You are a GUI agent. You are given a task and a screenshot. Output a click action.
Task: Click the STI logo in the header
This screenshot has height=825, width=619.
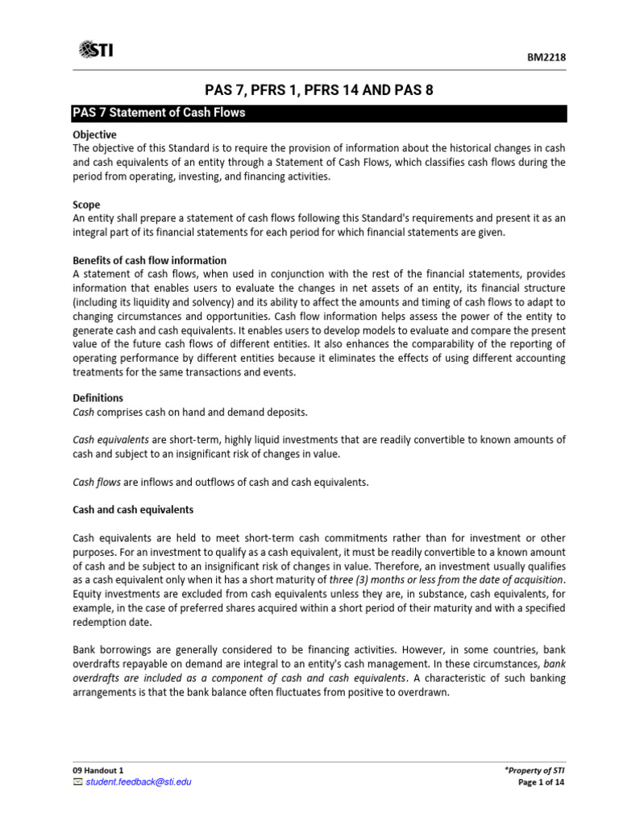(x=96, y=50)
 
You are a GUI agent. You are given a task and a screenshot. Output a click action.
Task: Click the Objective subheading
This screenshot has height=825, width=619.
(x=94, y=135)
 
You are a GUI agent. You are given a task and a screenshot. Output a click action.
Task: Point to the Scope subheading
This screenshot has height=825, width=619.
(x=86, y=205)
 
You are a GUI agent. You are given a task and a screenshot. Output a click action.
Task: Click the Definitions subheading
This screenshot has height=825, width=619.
(x=98, y=398)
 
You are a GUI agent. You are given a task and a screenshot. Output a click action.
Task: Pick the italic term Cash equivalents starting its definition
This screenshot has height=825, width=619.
(x=110, y=440)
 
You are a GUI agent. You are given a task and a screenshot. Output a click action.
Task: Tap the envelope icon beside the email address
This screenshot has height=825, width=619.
(x=77, y=781)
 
